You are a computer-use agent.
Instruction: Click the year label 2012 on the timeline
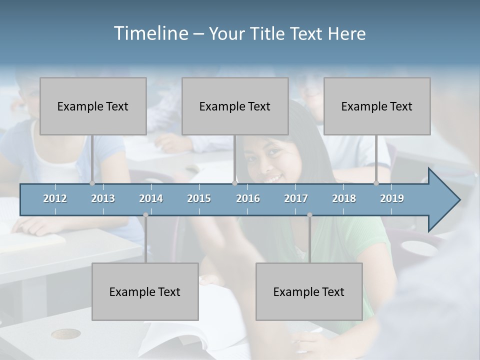click(55, 198)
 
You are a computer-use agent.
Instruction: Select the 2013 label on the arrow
click(103, 198)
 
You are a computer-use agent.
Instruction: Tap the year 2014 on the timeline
click(151, 198)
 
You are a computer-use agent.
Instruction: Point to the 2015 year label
click(199, 198)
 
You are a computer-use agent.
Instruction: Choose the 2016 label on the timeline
click(248, 198)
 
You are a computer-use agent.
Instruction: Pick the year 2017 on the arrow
click(296, 198)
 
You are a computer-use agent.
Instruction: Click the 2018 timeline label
click(344, 198)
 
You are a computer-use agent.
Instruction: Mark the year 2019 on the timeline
click(392, 198)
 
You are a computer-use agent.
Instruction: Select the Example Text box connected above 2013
click(93, 106)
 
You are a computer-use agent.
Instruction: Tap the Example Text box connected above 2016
click(235, 106)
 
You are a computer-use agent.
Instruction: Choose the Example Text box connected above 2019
click(377, 106)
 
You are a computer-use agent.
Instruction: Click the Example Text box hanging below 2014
click(145, 291)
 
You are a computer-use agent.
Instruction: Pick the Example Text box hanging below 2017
click(309, 291)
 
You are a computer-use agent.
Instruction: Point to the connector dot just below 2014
click(145, 215)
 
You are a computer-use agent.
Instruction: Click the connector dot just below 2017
click(309, 215)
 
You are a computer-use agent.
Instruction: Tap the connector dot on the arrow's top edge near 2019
click(376, 183)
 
